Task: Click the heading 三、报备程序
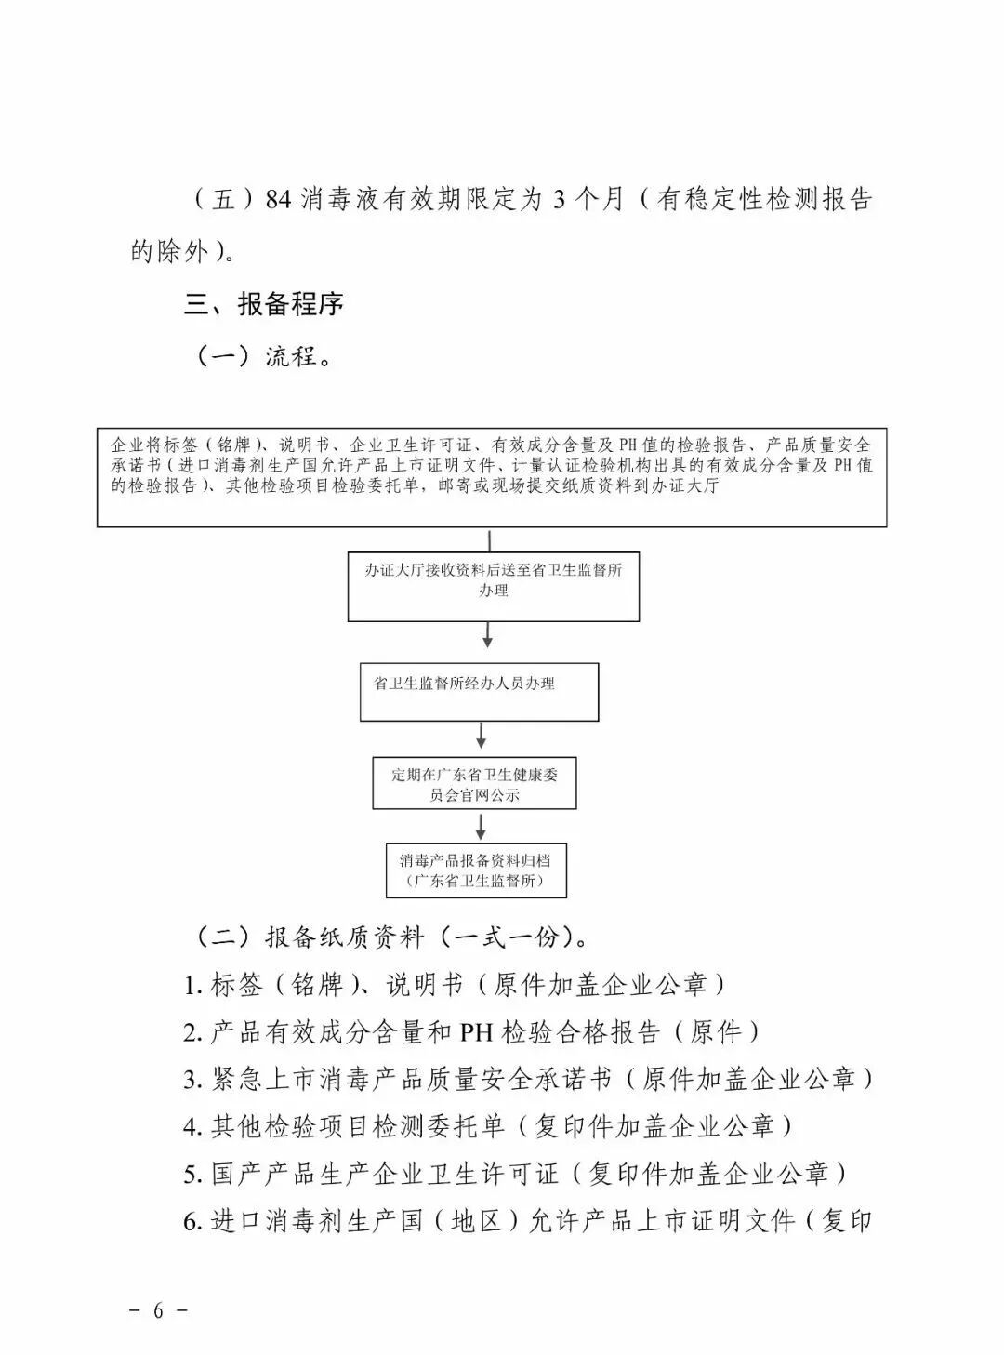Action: coord(264,303)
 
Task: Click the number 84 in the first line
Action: coord(278,200)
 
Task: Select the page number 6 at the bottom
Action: coord(158,1310)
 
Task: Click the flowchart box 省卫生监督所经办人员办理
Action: coord(479,692)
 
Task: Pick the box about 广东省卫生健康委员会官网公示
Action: coord(474,784)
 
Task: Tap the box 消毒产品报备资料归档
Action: coord(476,870)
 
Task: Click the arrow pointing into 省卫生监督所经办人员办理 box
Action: coord(488,638)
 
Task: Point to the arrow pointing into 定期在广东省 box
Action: coord(481,736)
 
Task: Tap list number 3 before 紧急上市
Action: coord(192,1080)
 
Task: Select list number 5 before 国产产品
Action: coord(192,1175)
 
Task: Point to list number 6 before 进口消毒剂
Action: coord(192,1222)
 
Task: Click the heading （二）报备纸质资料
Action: coord(390,937)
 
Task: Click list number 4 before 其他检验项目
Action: coord(192,1127)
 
